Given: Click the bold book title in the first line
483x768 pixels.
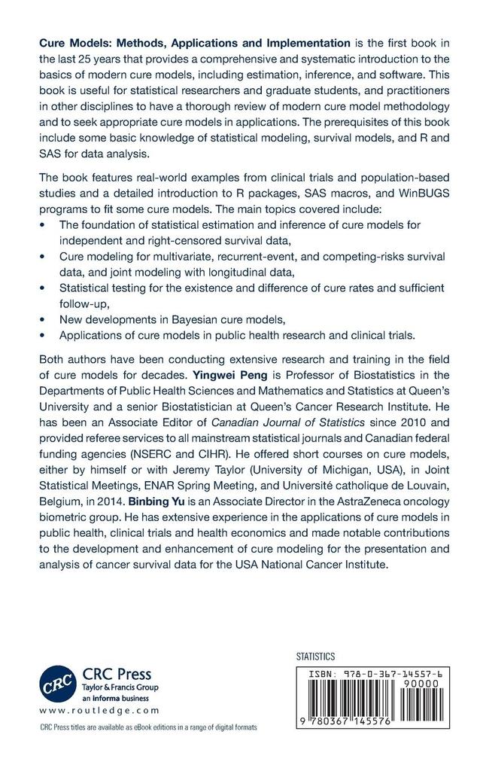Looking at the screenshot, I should tap(195, 43).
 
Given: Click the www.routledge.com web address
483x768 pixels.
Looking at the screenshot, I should tap(99, 709).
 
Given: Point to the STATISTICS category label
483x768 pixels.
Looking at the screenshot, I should tap(317, 657).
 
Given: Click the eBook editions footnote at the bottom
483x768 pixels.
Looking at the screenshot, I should tap(147, 727).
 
